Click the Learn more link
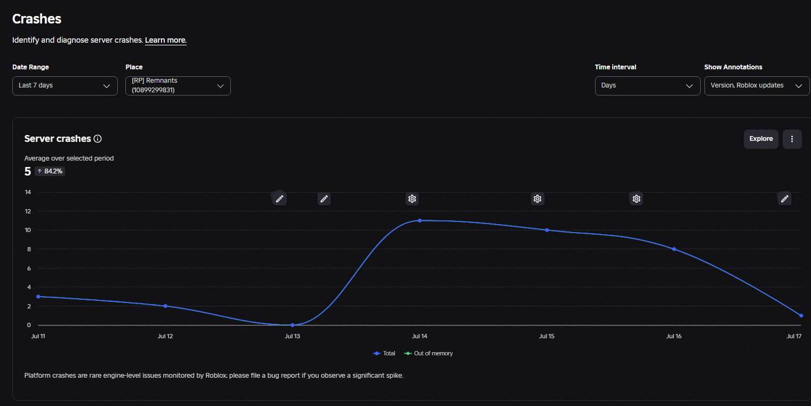[x=165, y=40]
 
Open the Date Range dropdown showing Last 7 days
[x=65, y=86]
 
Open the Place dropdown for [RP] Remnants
[x=178, y=86]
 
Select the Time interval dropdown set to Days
[x=647, y=86]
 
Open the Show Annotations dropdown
[x=757, y=86]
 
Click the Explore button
[x=761, y=139]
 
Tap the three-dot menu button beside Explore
[x=792, y=139]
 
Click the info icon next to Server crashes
[x=98, y=139]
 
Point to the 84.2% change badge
[x=50, y=171]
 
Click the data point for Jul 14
[x=420, y=220]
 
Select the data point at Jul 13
[x=293, y=325]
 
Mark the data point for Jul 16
[x=674, y=249]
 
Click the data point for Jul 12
[x=165, y=306]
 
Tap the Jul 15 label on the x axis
[x=547, y=336]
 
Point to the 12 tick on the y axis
[x=28, y=211]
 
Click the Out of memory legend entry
[x=428, y=354]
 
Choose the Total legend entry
[x=384, y=354]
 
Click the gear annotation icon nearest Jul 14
[x=412, y=199]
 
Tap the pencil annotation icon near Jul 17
[x=784, y=199]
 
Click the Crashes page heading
[x=37, y=19]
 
